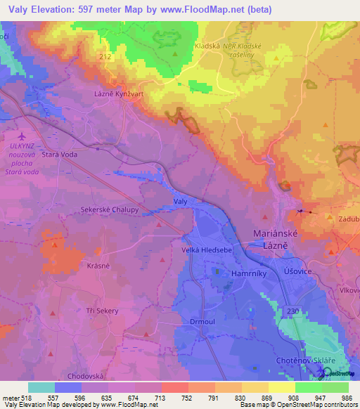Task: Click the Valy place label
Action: (x=180, y=202)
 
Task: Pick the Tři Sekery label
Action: (x=98, y=311)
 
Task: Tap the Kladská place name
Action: (x=207, y=45)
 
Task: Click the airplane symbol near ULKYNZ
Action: (x=21, y=135)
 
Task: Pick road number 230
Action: (x=293, y=310)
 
